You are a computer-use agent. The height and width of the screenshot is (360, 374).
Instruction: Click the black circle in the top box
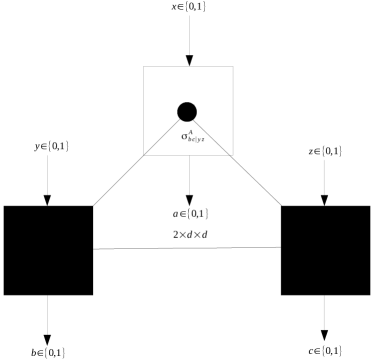click(187, 111)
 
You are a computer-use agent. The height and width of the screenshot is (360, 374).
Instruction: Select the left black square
click(48, 249)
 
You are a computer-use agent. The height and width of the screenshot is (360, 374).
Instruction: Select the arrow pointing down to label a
click(188, 175)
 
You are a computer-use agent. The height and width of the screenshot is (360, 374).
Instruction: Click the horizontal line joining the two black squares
click(187, 248)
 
